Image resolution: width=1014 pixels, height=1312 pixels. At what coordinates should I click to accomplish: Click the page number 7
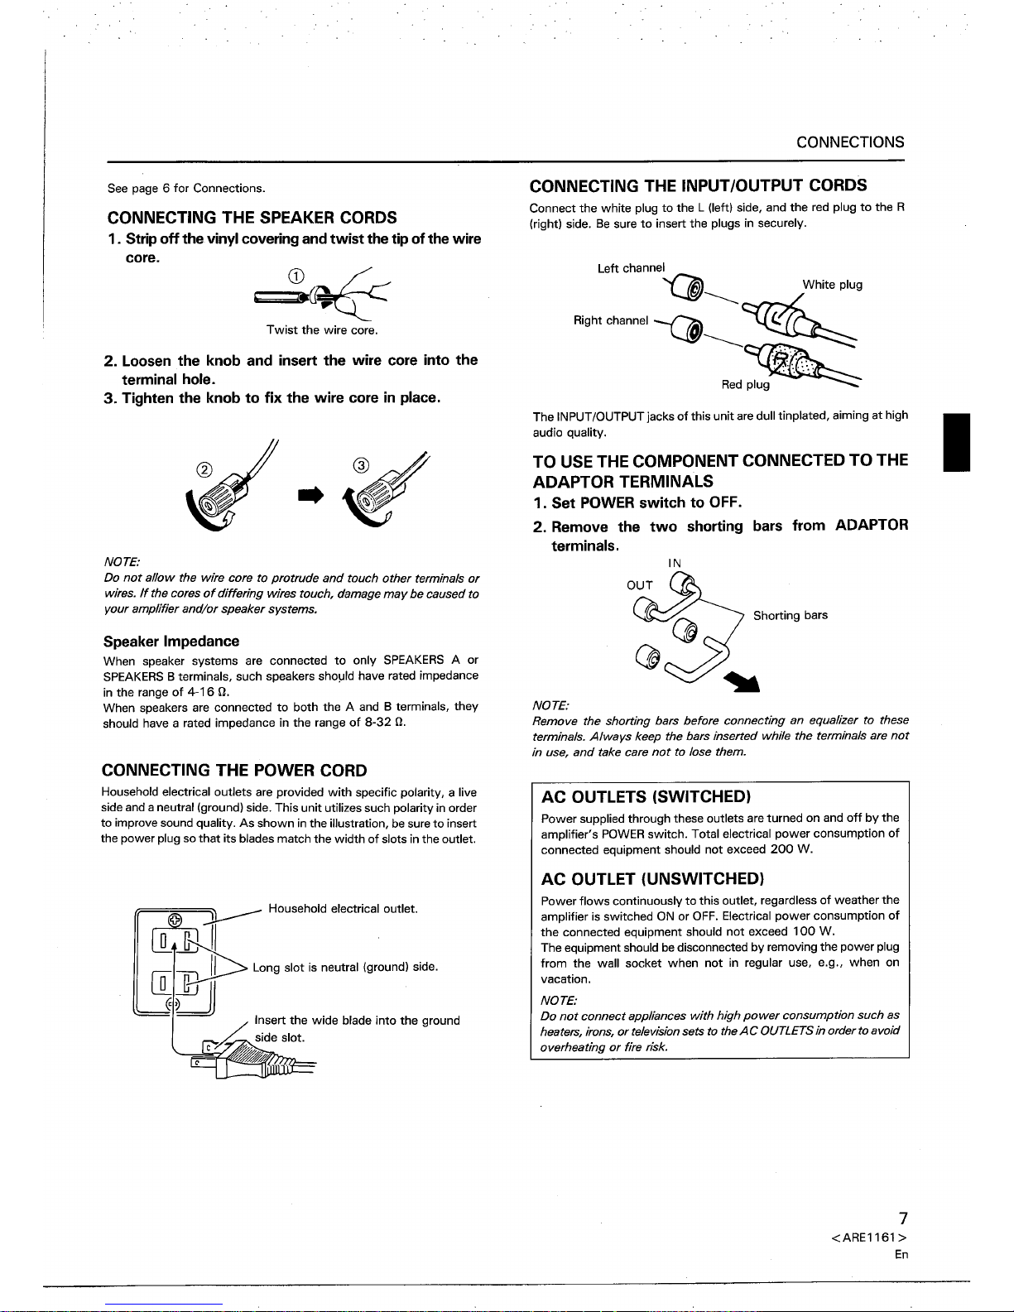coord(903,1218)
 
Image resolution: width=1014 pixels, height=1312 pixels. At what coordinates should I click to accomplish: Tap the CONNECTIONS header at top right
coord(850,142)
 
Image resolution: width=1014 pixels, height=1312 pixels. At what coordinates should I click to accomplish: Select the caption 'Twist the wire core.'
coord(322,330)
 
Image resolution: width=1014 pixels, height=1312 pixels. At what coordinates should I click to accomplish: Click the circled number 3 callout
coord(360,464)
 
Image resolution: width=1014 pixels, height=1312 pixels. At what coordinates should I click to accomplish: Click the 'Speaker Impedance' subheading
coord(171,642)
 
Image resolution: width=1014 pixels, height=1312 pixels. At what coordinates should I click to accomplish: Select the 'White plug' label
coord(832,285)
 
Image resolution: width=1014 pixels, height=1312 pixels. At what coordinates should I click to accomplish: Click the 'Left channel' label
coord(631,267)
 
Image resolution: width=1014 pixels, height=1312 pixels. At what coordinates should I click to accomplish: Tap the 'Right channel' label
coord(611,320)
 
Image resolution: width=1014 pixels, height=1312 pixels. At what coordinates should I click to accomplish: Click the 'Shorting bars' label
coord(790,615)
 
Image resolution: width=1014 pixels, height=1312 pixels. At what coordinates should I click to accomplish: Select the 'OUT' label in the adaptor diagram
coord(639,585)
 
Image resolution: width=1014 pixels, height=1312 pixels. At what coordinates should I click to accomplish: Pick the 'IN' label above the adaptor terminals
coord(675,563)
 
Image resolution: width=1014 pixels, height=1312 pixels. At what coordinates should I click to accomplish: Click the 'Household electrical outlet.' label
coord(343,909)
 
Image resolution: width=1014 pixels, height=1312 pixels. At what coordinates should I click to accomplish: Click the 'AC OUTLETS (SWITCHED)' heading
coord(646,797)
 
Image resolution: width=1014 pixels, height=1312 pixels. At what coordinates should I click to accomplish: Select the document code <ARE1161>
coord(869,1238)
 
